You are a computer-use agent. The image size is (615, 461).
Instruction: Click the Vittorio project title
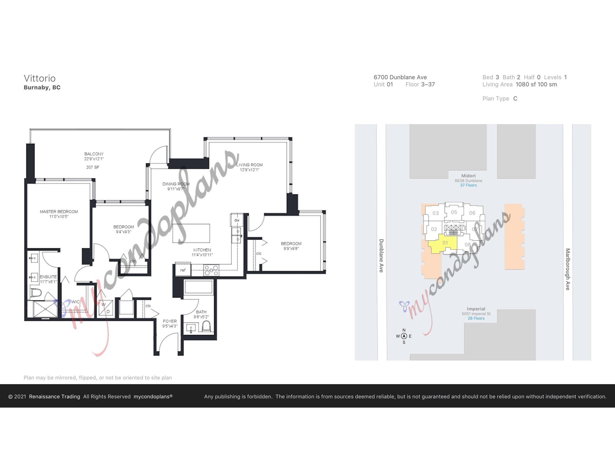click(40, 78)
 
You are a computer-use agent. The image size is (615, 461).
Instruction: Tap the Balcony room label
click(94, 154)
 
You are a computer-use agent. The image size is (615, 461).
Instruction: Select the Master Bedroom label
click(59, 212)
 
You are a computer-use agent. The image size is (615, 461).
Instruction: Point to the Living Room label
click(249, 165)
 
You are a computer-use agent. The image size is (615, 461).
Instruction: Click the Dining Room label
click(176, 184)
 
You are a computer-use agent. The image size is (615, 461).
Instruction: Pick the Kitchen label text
click(202, 250)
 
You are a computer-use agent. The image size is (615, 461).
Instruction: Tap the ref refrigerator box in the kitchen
click(183, 270)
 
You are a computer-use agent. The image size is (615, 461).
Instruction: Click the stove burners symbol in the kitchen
click(211, 270)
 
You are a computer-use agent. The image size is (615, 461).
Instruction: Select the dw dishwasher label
click(237, 220)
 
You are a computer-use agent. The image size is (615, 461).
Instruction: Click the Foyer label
click(170, 321)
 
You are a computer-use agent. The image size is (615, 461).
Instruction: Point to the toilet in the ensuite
click(35, 293)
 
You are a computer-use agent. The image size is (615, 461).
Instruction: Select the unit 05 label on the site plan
click(454, 212)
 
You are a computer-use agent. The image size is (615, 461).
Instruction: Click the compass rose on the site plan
click(404, 336)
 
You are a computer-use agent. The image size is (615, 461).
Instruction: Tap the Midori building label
click(468, 176)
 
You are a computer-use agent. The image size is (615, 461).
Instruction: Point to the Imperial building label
click(476, 309)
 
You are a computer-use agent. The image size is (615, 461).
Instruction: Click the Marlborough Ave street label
click(568, 269)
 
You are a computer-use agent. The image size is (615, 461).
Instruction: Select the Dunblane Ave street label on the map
click(381, 255)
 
